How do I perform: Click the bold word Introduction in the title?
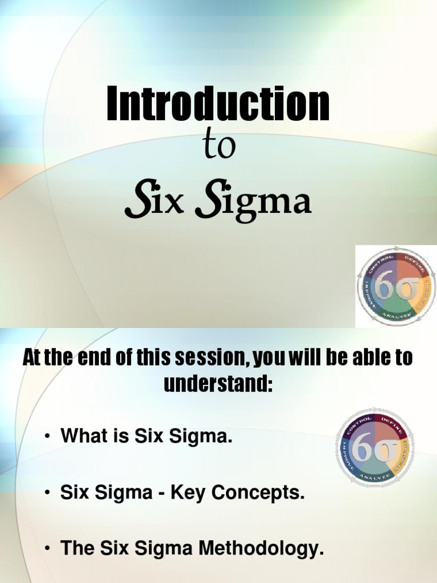point(218,104)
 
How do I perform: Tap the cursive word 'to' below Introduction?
point(218,147)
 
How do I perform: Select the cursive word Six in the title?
point(152,203)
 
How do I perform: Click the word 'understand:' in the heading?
point(218,384)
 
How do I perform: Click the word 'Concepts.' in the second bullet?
point(263,494)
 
